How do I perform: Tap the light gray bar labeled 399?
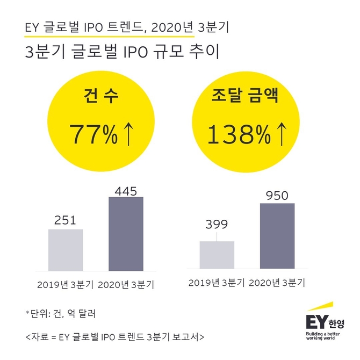pos(217,254)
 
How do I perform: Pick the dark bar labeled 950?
pos(277,235)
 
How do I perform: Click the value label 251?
pos(66,220)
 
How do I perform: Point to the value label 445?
pos(126,190)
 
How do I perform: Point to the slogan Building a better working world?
pos(325,337)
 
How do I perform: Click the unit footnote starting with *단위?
pos(61,312)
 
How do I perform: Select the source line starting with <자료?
pos(114,337)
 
